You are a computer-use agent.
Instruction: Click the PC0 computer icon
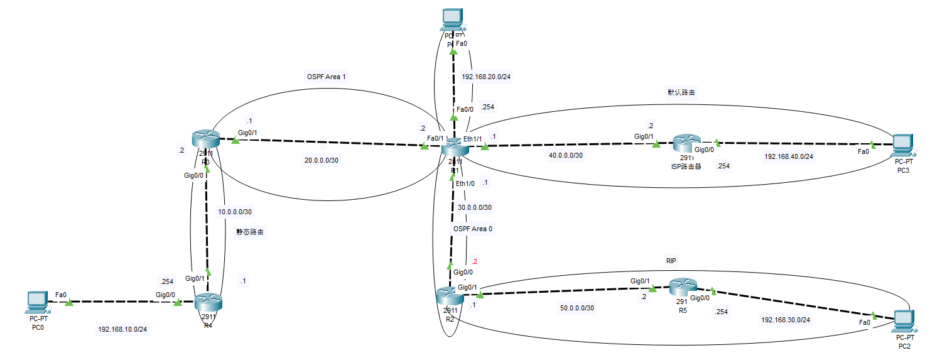click(38, 302)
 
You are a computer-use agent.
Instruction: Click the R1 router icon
click(453, 149)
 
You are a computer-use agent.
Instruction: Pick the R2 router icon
click(450, 296)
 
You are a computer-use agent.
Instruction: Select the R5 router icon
click(683, 287)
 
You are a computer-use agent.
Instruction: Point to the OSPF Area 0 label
click(473, 229)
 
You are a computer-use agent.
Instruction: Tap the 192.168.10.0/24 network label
click(126, 329)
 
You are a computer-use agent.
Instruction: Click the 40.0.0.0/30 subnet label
click(566, 155)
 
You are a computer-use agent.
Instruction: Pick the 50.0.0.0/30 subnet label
click(577, 308)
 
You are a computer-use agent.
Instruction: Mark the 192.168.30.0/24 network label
click(786, 320)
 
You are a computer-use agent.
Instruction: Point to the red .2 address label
click(475, 261)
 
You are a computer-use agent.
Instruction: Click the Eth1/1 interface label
click(472, 138)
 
